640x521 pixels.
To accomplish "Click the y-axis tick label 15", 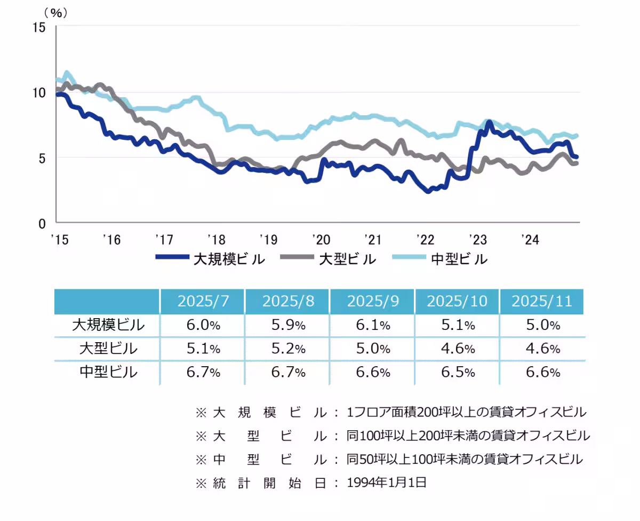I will click(x=39, y=27).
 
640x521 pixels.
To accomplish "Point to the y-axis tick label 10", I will click(x=39, y=92).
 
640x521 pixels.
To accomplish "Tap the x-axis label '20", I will click(x=321, y=239).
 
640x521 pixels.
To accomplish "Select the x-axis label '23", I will click(x=477, y=239).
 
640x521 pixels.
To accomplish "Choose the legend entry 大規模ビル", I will click(x=210, y=259).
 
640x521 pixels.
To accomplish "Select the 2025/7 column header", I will click(x=203, y=301).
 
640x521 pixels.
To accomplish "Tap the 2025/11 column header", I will click(x=541, y=301).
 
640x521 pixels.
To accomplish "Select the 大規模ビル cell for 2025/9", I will click(x=372, y=325).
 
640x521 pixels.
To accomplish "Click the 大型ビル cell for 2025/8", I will click(x=287, y=349).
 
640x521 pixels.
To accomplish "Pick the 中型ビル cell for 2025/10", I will click(x=457, y=372).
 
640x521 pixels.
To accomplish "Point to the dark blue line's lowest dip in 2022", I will click(x=428, y=191).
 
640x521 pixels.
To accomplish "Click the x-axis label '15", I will click(x=60, y=239).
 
